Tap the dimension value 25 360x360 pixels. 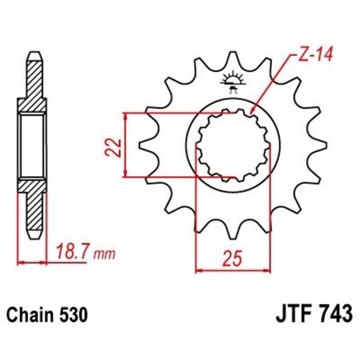point(231,256)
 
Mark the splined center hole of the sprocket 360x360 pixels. point(232,145)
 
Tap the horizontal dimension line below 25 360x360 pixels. point(231,270)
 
